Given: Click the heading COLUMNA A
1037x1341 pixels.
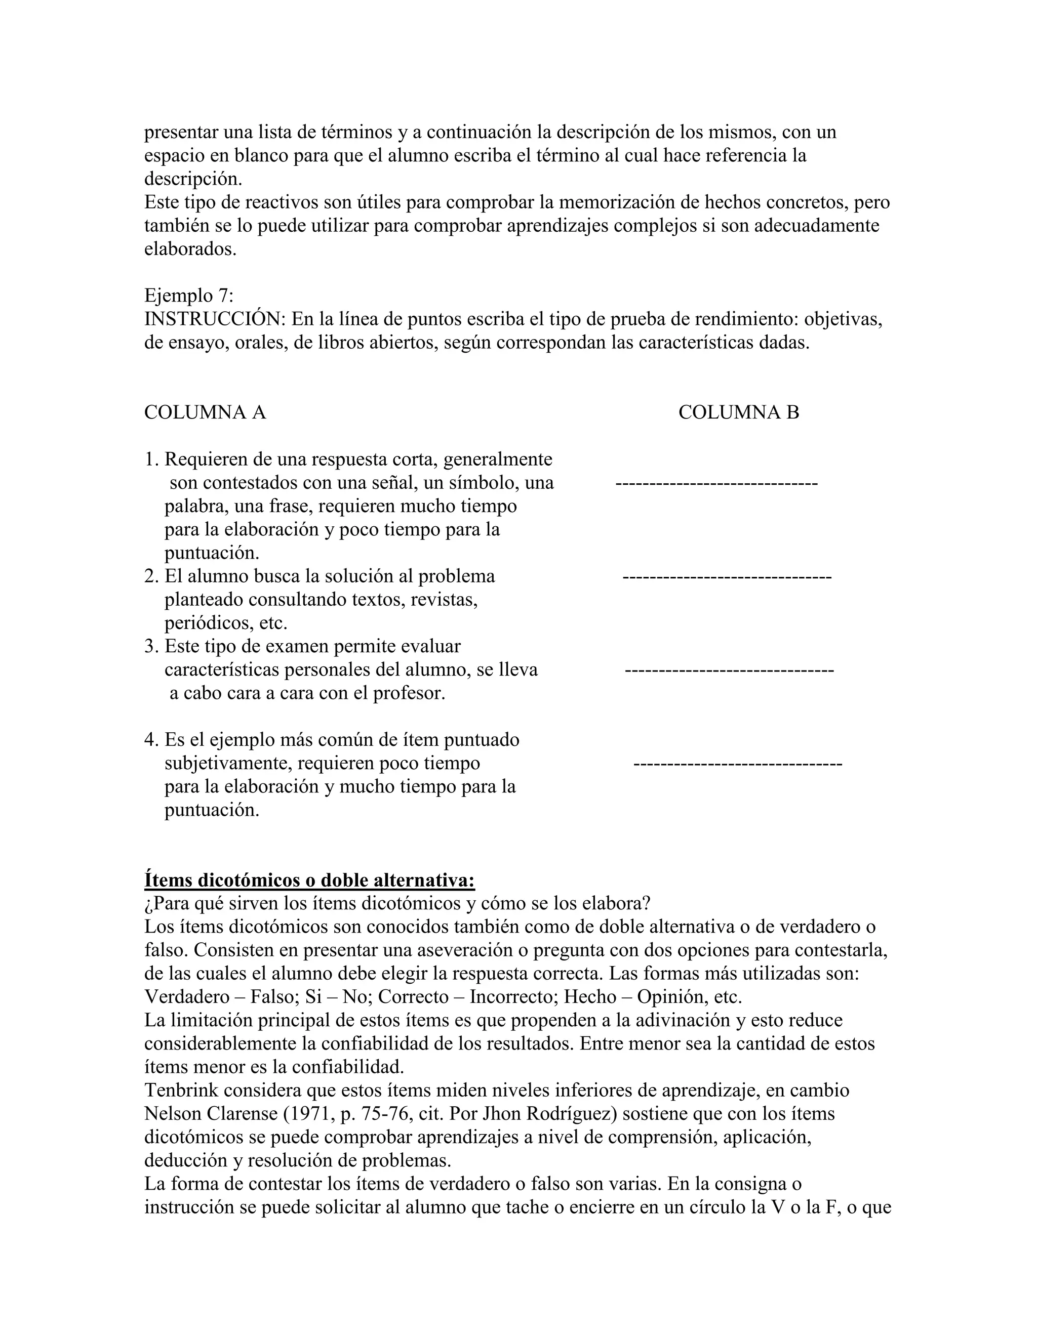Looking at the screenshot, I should [205, 412].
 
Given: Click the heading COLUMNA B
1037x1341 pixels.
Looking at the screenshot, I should [738, 412].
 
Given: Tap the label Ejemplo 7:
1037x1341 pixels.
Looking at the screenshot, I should [188, 296].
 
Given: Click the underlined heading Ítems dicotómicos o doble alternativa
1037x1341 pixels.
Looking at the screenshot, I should [309, 880].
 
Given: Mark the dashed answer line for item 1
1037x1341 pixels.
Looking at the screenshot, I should [716, 483].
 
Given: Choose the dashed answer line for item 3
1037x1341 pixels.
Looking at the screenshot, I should [729, 670].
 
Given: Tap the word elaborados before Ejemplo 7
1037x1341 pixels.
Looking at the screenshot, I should [190, 249].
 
